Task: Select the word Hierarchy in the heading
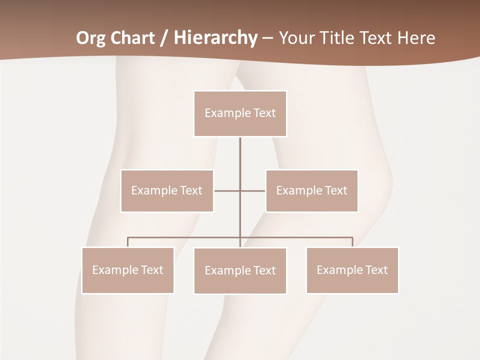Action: click(215, 38)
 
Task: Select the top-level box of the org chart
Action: click(240, 113)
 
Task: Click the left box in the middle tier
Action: click(167, 190)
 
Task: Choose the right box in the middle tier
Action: click(311, 190)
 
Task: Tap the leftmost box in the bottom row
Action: click(127, 270)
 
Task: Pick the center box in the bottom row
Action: click(240, 271)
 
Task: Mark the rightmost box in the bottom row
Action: click(352, 270)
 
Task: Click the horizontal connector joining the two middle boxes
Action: click(227, 190)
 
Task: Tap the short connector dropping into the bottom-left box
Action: click(127, 242)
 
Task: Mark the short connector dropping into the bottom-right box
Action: click(352, 242)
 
